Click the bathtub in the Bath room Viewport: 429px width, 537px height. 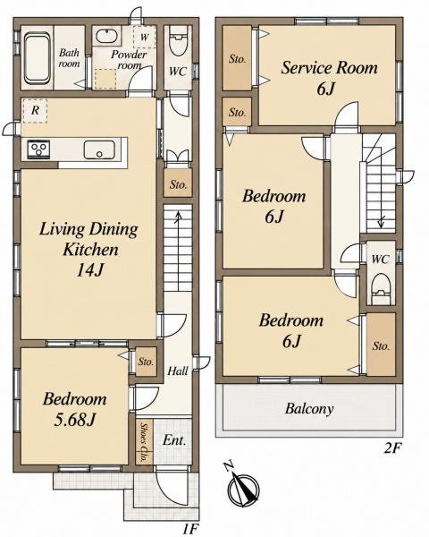coord(37,57)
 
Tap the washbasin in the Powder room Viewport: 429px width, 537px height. coord(106,36)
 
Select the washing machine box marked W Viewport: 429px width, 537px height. coord(145,37)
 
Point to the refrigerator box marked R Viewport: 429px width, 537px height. coord(35,111)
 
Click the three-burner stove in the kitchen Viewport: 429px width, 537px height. coord(38,149)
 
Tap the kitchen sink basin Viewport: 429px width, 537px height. coord(99,150)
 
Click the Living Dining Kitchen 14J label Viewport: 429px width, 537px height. coord(88,249)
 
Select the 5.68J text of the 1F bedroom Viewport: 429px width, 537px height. coord(74,420)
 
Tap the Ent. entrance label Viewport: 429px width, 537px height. coord(174,439)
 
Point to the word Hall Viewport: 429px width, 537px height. coord(178,371)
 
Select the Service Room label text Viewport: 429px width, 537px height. coord(330,67)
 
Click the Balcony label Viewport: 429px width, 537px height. coord(309,409)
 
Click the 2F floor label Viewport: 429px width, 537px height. coord(391,448)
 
